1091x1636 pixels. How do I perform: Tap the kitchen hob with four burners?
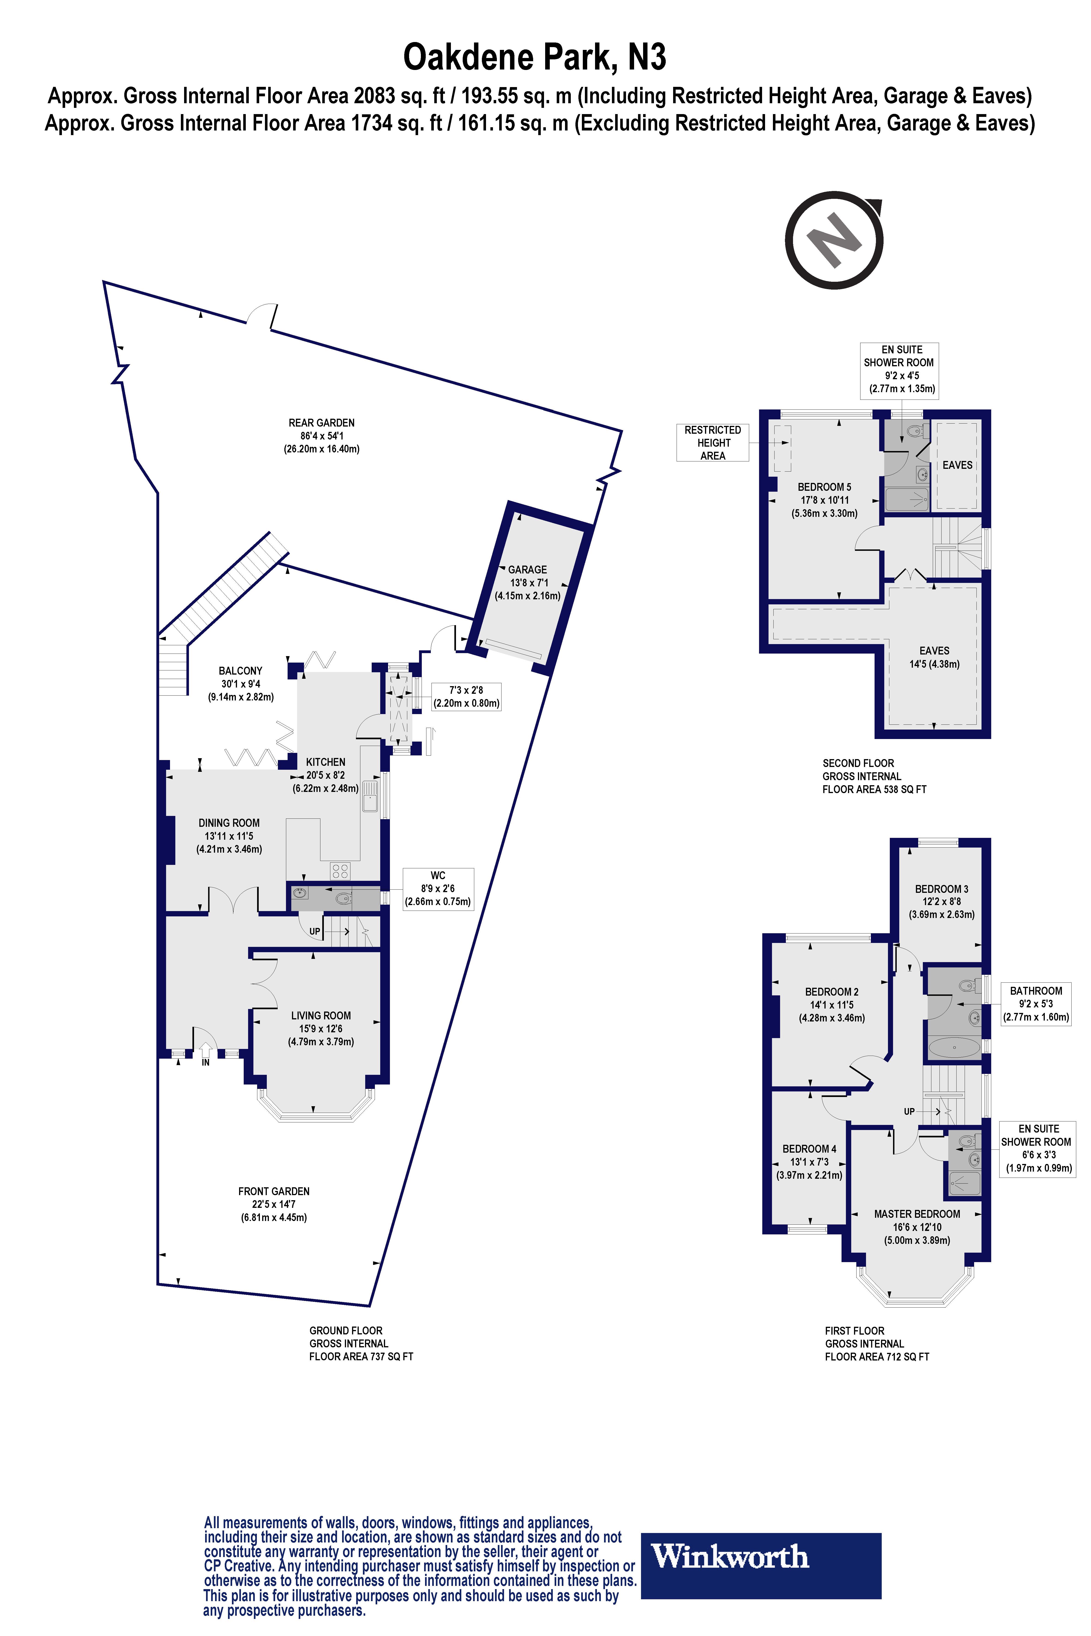pyautogui.click(x=340, y=871)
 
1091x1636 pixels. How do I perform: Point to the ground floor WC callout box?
pyautogui.click(x=438, y=888)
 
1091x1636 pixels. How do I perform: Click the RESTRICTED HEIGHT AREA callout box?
pyautogui.click(x=712, y=442)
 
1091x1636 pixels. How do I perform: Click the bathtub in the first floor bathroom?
pyautogui.click(x=955, y=1046)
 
